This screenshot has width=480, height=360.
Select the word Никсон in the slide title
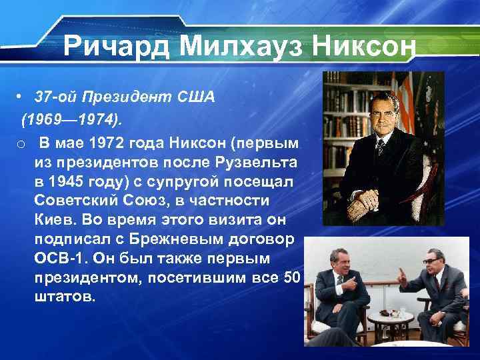tap(359, 47)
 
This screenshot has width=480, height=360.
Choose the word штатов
tap(64, 296)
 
